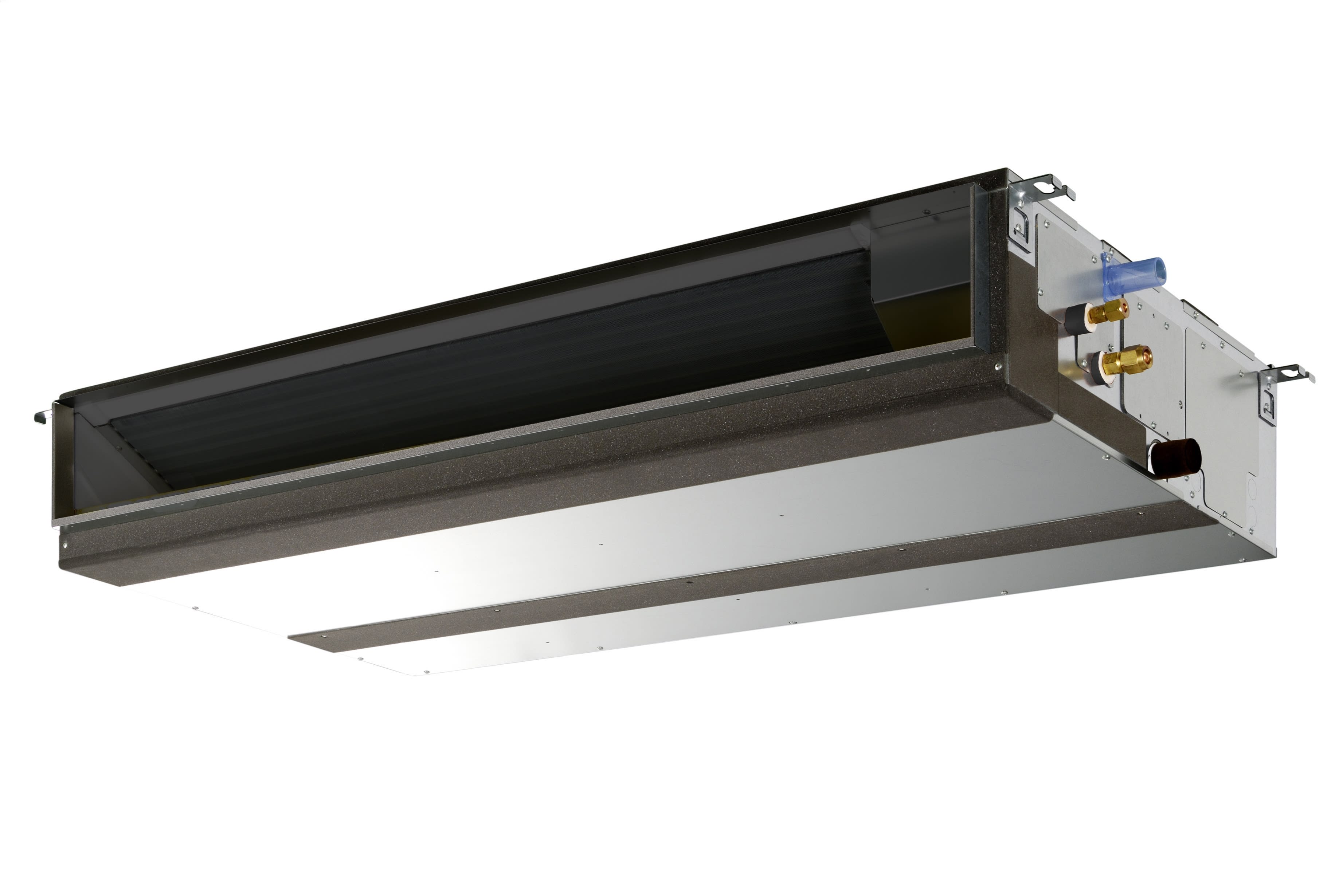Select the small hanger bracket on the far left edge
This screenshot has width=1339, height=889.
tap(43, 417)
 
